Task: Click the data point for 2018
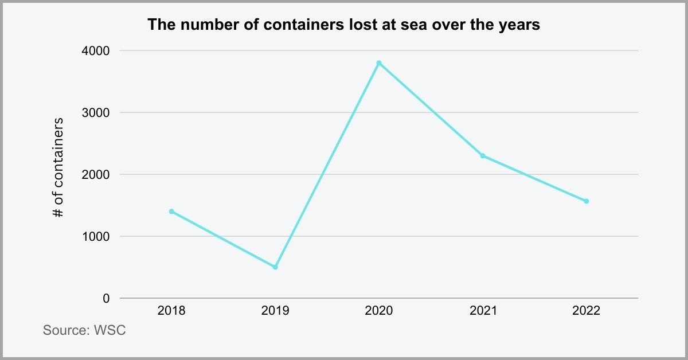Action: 171,212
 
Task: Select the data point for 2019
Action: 275,267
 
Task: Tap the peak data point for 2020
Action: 379,63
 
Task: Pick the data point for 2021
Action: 483,156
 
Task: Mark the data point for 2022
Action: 587,201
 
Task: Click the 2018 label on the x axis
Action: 171,311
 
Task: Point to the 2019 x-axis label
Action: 275,311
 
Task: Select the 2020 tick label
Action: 379,311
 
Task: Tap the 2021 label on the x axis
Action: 483,311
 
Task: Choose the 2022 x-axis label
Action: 587,311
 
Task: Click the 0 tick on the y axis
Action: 105,298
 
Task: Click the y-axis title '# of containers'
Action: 58,168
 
